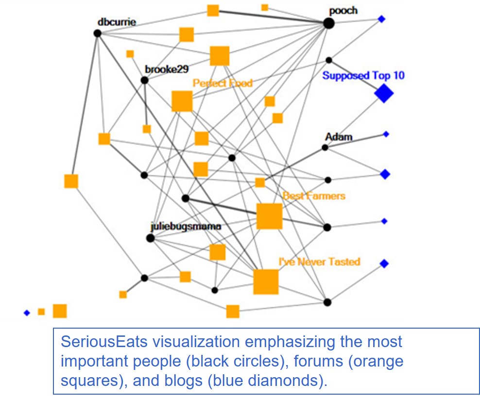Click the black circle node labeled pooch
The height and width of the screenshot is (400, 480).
pyautogui.click(x=329, y=23)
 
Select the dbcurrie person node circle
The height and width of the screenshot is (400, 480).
pyautogui.click(x=97, y=33)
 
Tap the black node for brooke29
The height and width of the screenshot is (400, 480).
pyautogui.click(x=144, y=80)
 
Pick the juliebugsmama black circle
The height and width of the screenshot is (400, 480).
pyautogui.click(x=150, y=238)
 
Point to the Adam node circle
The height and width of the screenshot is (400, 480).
pyautogui.click(x=325, y=147)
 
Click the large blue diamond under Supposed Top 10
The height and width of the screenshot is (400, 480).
pyautogui.click(x=384, y=93)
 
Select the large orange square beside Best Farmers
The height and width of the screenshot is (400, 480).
pyautogui.click(x=269, y=216)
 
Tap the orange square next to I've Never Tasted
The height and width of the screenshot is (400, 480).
pyautogui.click(x=266, y=282)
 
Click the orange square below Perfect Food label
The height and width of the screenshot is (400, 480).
pyautogui.click(x=182, y=101)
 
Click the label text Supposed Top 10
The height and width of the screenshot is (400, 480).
pyautogui.click(x=363, y=76)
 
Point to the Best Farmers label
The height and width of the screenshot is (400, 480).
pyautogui.click(x=314, y=196)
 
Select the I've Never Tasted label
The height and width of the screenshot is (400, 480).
pyautogui.click(x=319, y=262)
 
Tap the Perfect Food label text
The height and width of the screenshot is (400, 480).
pyautogui.click(x=223, y=83)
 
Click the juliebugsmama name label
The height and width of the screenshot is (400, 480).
pyautogui.click(x=186, y=227)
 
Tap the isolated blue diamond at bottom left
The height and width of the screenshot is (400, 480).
pyautogui.click(x=27, y=313)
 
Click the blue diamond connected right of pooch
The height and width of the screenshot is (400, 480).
pyautogui.click(x=381, y=19)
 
